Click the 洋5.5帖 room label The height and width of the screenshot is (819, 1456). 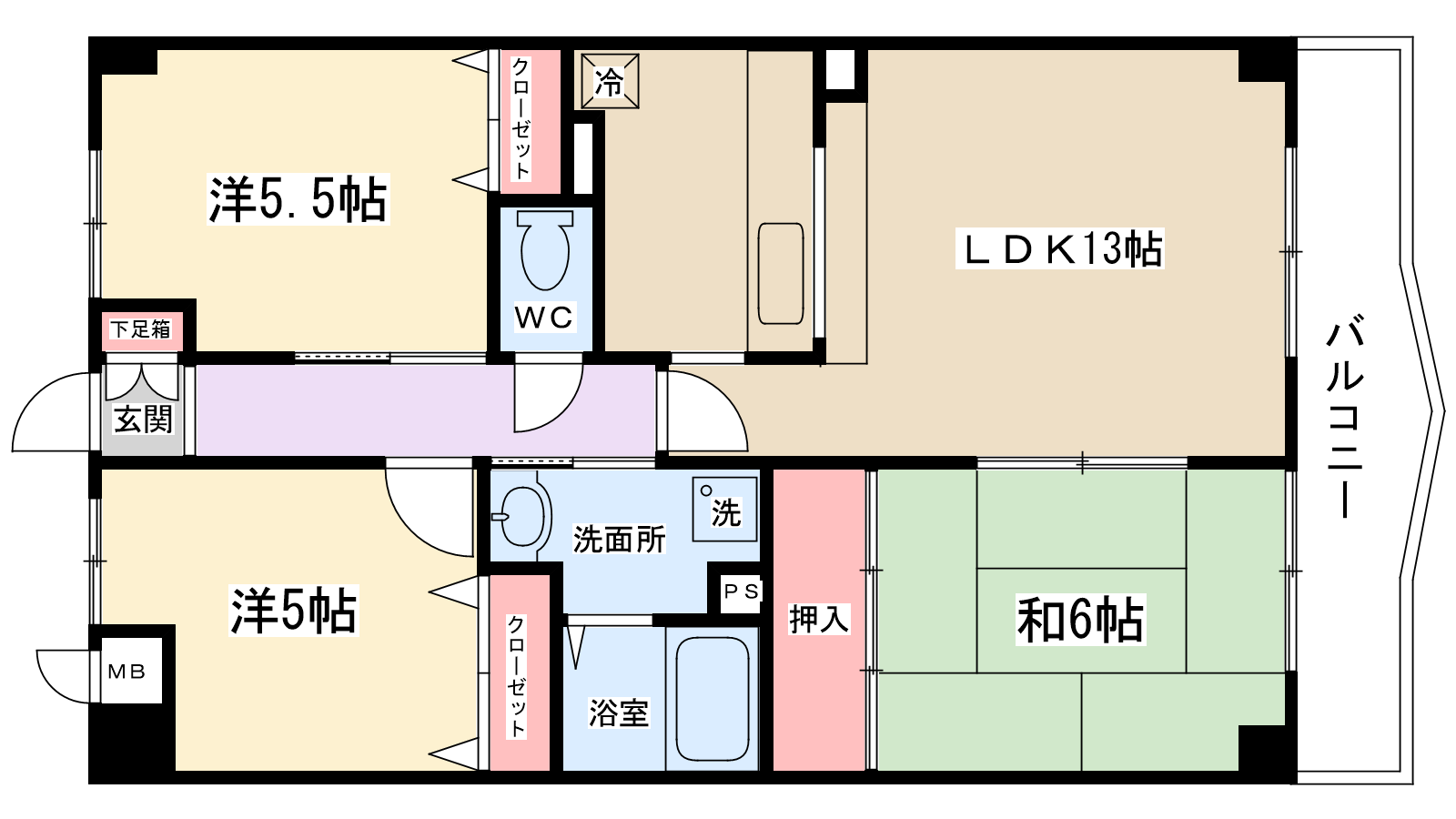coord(298,199)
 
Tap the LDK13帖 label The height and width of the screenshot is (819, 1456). coord(1060,249)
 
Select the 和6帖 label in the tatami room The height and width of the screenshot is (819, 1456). coord(1079,621)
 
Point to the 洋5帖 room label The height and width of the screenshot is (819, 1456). coord(293,611)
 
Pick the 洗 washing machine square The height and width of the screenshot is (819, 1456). coord(724,510)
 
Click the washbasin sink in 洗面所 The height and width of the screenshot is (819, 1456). coord(522,516)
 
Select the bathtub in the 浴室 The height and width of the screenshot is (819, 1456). coord(713,698)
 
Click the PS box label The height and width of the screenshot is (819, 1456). coord(741,592)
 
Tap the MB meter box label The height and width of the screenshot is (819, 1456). coord(126,672)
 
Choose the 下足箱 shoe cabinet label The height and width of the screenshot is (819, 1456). coord(141,329)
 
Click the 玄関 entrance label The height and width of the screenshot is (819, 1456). coord(143,420)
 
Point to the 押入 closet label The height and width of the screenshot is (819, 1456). coord(818,620)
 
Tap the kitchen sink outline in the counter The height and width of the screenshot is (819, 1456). coord(781,273)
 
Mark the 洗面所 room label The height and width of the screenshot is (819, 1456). coord(619,540)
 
